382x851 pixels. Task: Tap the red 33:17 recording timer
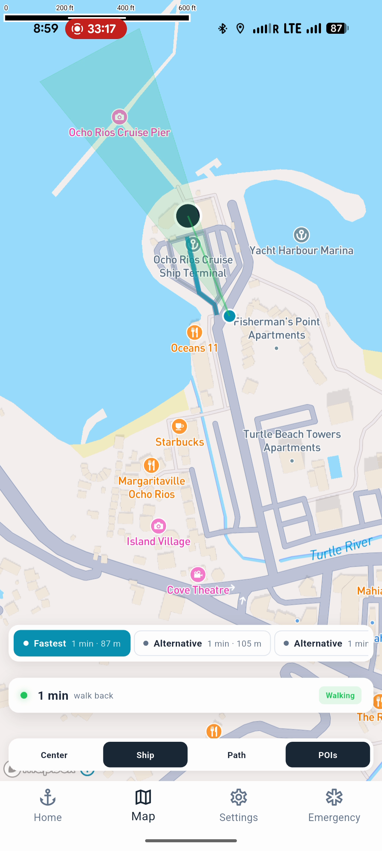pyautogui.click(x=96, y=29)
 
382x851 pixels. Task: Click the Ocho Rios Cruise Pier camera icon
pyautogui.click(x=119, y=117)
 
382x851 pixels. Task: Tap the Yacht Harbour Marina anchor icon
pyautogui.click(x=301, y=235)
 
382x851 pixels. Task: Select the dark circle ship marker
pyautogui.click(x=188, y=216)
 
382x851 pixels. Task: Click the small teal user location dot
pyautogui.click(x=229, y=316)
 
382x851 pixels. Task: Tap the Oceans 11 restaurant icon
pyautogui.click(x=194, y=333)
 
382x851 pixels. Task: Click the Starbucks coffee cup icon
pyautogui.click(x=179, y=427)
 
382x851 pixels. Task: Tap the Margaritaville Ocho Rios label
pyautogui.click(x=152, y=488)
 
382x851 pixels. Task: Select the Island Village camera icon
pyautogui.click(x=158, y=526)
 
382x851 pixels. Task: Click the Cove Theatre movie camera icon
pyautogui.click(x=198, y=575)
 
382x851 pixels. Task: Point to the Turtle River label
pyautogui.click(x=341, y=548)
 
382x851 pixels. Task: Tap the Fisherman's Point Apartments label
pyautogui.click(x=277, y=328)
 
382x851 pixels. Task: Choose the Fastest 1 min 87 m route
pyautogui.click(x=72, y=644)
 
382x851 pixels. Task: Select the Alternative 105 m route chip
pyautogui.click(x=202, y=644)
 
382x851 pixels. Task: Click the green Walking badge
pyautogui.click(x=340, y=696)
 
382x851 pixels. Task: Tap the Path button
pyautogui.click(x=236, y=755)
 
